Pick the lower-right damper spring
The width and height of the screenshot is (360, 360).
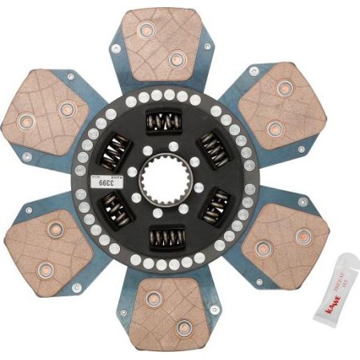(215, 210)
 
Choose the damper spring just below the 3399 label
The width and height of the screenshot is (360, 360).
(117, 210)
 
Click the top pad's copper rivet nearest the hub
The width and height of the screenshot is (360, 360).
(175, 58)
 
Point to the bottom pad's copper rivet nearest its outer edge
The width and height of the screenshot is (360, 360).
(183, 327)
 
